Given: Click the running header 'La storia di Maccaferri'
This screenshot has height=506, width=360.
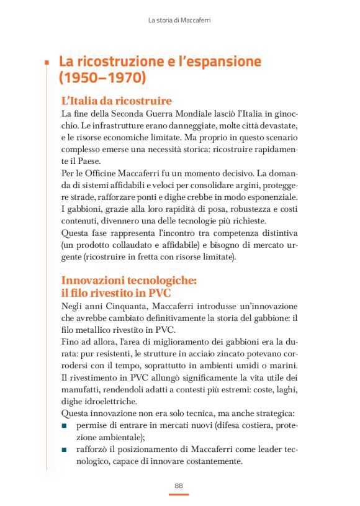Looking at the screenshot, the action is (x=179, y=20).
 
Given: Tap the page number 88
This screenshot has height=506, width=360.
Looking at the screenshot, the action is (x=179, y=485).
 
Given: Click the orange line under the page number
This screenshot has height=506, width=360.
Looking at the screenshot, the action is (x=179, y=494).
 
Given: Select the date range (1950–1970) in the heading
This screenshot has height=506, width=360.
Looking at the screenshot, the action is (x=102, y=78).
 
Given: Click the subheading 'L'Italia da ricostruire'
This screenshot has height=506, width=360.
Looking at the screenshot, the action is (x=117, y=101).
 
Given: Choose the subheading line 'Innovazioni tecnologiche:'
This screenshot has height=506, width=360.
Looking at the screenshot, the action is (x=129, y=281).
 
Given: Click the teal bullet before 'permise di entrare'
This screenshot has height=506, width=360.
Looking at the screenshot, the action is (x=65, y=426).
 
